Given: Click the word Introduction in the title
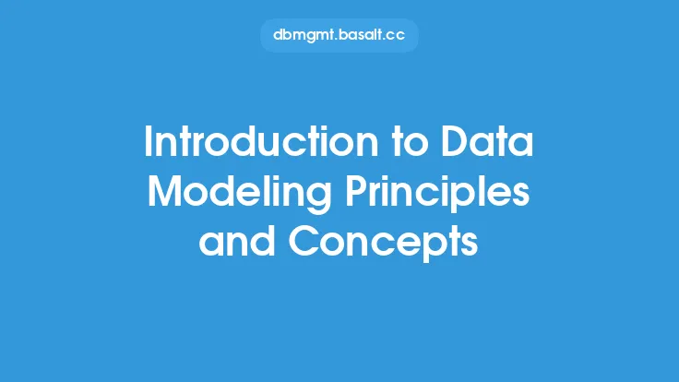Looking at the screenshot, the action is coord(261,141).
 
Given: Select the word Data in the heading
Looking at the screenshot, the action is coord(487,141).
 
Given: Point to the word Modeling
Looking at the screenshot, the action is coord(240,194).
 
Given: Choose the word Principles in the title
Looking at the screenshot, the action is coord(438,194).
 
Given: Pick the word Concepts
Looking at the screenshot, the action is coord(383,243).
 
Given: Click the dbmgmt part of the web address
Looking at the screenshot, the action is coord(304,35).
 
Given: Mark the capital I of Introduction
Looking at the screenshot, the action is coord(148,141).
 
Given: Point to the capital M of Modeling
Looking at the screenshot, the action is coord(163,191).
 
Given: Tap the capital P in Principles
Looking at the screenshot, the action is coord(356,191).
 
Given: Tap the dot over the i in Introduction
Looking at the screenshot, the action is coord(342,128).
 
